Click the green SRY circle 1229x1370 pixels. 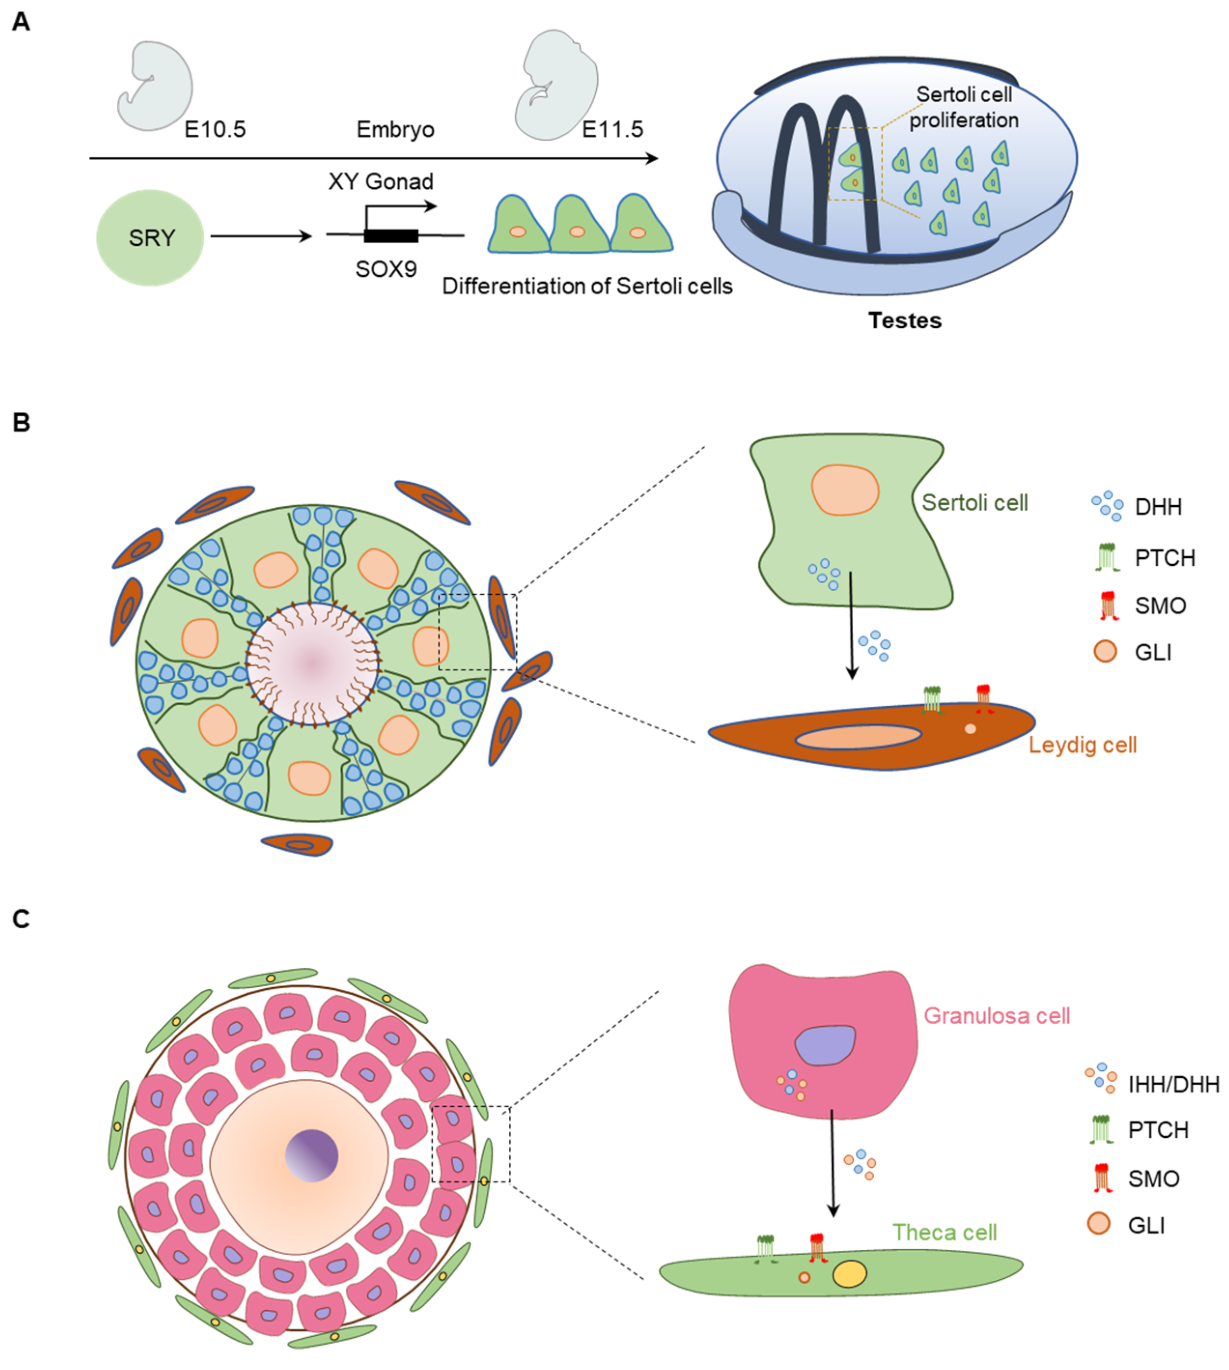(150, 238)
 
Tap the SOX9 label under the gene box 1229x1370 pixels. (386, 269)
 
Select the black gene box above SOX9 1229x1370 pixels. (391, 236)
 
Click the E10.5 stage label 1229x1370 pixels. (215, 129)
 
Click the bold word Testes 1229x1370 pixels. (904, 320)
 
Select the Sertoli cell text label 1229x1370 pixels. (975, 503)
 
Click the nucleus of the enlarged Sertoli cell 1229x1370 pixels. (845, 490)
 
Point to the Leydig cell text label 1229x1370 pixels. (1082, 745)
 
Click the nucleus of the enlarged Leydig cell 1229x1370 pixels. (858, 737)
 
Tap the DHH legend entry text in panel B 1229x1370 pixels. (1158, 507)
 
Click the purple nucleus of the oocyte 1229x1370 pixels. (311, 1156)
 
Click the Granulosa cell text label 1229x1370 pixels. (997, 1016)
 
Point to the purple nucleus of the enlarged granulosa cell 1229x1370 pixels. (824, 1045)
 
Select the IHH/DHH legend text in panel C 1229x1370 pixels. (1173, 1084)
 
